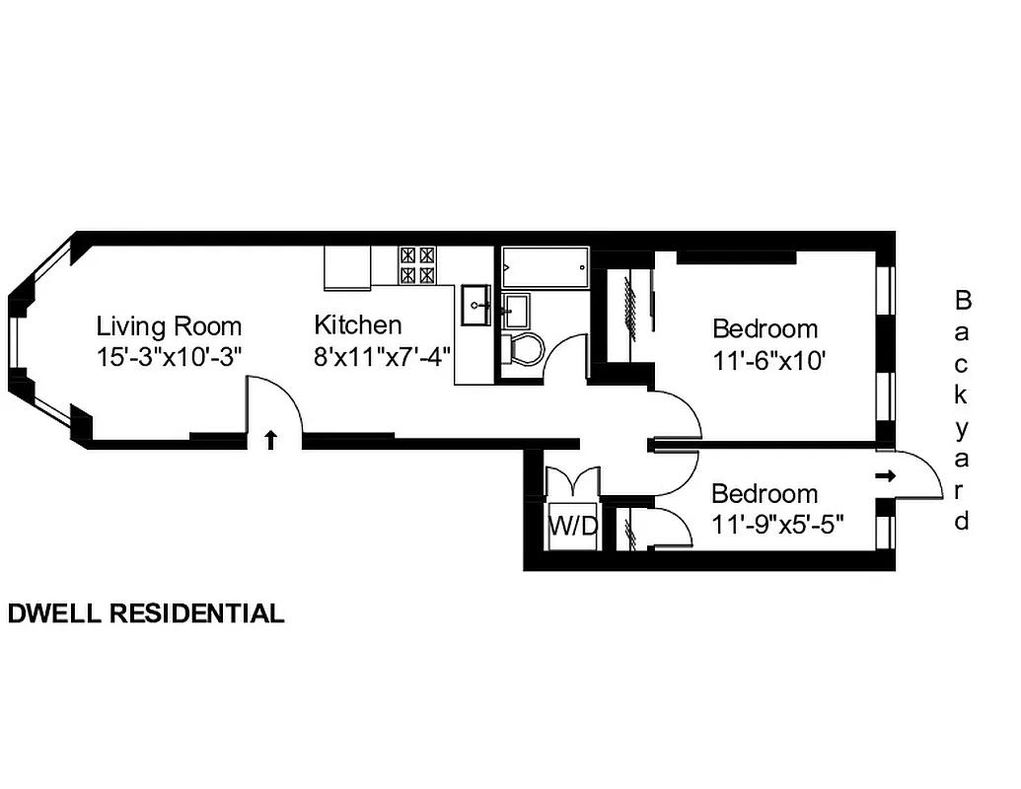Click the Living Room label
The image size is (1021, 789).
coord(169,325)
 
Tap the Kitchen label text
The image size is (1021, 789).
coord(357,324)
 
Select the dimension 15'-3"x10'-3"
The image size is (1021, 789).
coord(169,355)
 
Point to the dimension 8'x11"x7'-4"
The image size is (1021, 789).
coord(383,355)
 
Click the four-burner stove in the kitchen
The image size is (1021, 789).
coord(417,265)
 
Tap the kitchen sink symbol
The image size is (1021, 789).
coord(475,304)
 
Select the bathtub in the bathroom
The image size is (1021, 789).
coord(545,266)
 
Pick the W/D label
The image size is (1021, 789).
coord(573,526)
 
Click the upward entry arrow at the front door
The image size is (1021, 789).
coord(271,439)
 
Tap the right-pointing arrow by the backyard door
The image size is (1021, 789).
coord(885,476)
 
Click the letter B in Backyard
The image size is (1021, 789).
coord(963,299)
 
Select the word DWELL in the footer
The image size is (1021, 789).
coord(53,613)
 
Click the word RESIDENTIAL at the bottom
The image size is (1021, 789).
coord(196,613)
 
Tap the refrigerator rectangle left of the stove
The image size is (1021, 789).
coord(347,267)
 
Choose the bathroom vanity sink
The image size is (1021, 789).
coord(515,309)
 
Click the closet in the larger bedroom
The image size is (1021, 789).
coord(627,313)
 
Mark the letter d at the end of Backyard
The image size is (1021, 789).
coord(963,520)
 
